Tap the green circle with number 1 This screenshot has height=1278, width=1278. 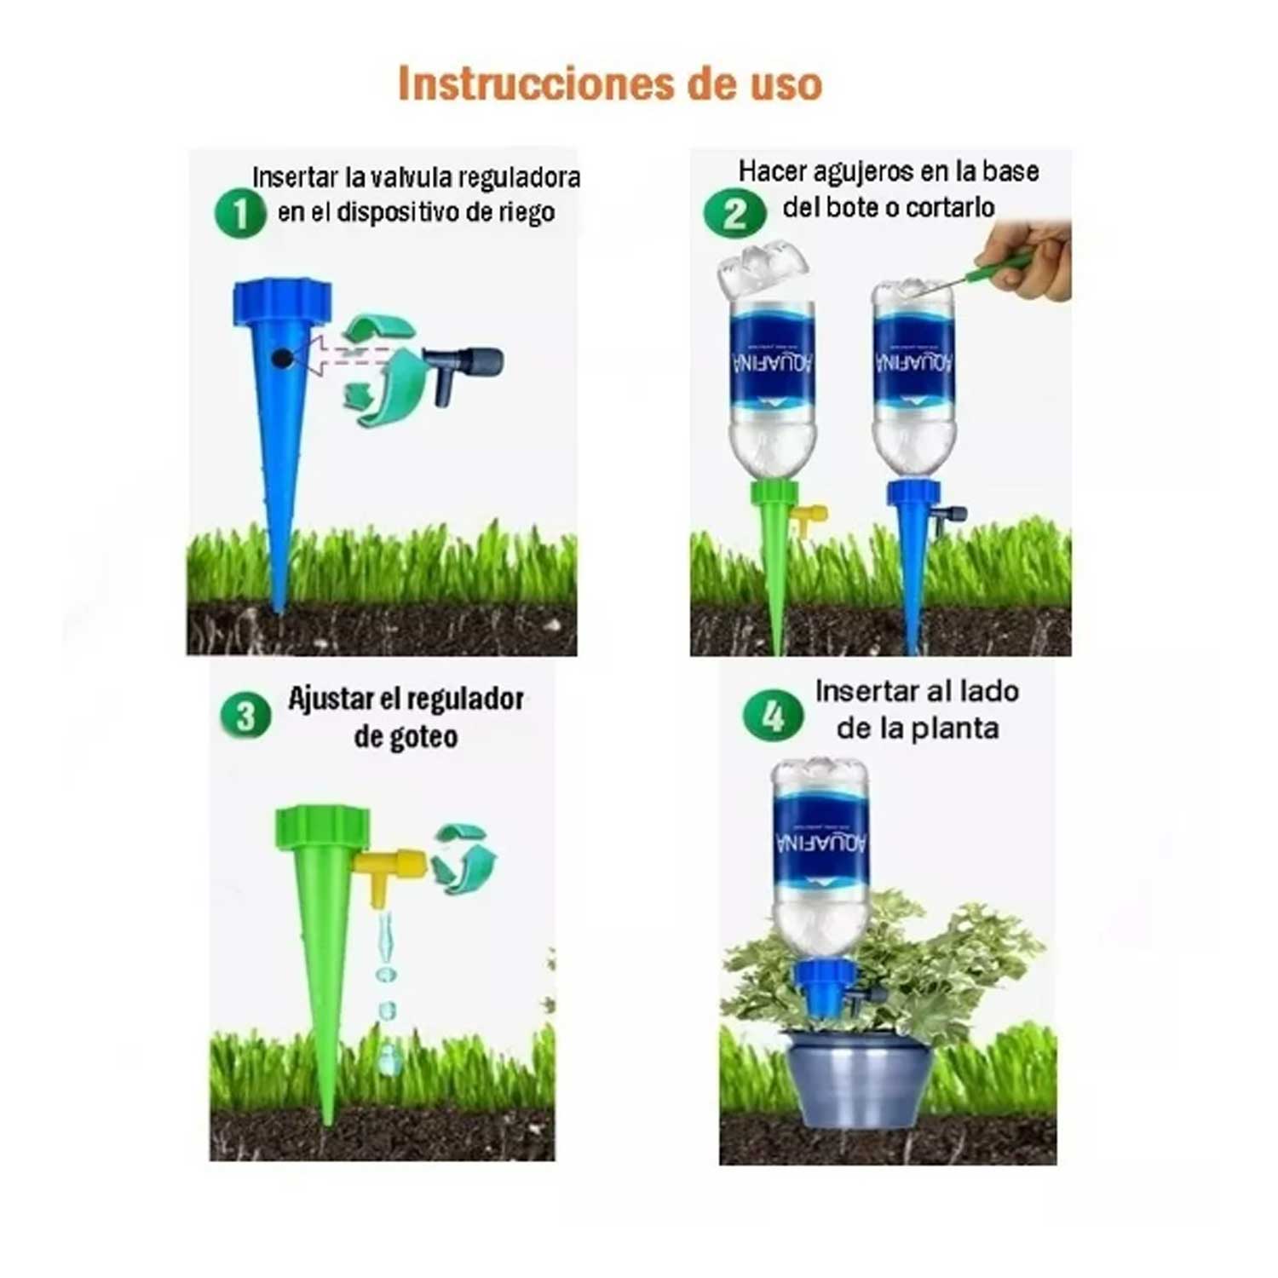coord(240,213)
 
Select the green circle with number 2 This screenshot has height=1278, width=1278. coord(734,213)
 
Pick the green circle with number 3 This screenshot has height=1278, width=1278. coord(245,716)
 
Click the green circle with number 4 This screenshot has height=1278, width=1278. coord(773,716)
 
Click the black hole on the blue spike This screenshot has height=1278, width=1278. coord(282,358)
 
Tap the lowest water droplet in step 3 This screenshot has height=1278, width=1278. coord(390,1057)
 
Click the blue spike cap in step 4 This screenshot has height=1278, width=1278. coord(824,988)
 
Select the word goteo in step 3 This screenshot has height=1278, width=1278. coord(406,738)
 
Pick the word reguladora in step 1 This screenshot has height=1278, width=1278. coord(520,178)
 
